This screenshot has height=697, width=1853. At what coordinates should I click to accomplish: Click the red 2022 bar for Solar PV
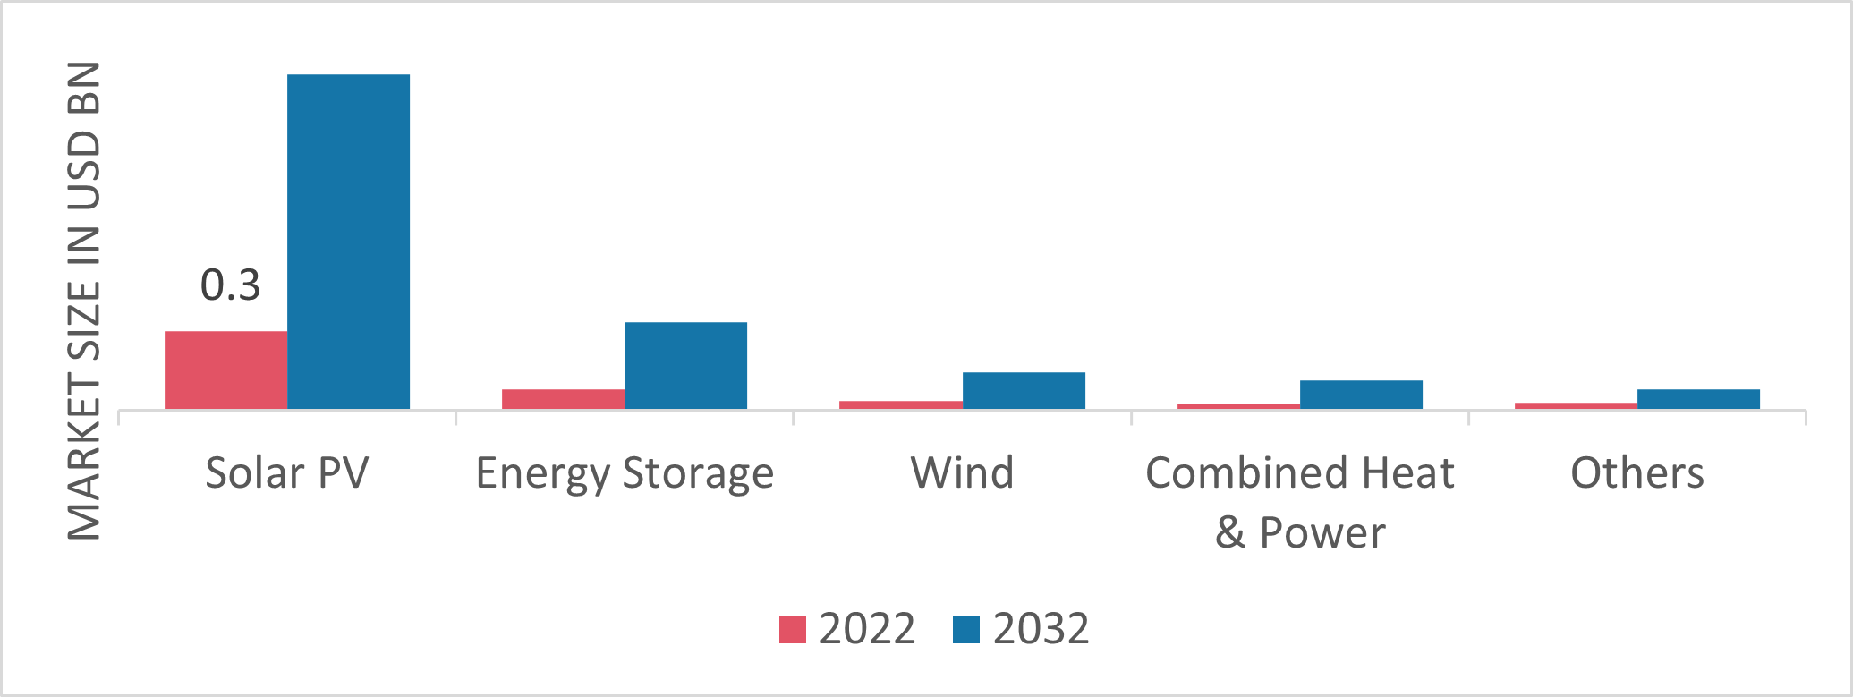point(225,370)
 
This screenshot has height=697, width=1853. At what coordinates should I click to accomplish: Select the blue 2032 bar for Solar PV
point(348,242)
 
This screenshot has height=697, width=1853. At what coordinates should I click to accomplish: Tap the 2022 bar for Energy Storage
point(563,399)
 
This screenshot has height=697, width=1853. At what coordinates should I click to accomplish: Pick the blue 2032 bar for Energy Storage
point(685,365)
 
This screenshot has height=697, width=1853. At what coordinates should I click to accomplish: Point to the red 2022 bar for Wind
point(900,404)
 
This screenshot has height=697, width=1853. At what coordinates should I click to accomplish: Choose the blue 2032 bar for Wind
point(1024,390)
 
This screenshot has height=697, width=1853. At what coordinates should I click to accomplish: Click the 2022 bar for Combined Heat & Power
point(1238,406)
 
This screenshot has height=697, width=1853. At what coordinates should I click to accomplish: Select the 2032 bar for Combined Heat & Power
point(1361,395)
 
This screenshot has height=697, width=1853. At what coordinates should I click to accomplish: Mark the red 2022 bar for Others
point(1576,405)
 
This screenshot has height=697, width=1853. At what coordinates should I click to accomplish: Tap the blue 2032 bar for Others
point(1698,399)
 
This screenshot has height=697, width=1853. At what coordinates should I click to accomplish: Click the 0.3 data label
point(230,285)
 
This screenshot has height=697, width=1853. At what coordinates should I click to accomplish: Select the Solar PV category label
point(286,472)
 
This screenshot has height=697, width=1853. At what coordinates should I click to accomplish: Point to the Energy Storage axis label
point(625,472)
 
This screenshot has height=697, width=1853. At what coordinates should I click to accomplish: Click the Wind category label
point(962,472)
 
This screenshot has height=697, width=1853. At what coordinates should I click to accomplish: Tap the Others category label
point(1637,472)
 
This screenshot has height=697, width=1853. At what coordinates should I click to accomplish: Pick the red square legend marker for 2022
point(793,629)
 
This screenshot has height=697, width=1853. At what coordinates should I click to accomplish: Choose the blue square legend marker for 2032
point(966,629)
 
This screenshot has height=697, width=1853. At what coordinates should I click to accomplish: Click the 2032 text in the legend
point(1041,629)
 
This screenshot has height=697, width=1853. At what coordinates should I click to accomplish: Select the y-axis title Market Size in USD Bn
point(84,301)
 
